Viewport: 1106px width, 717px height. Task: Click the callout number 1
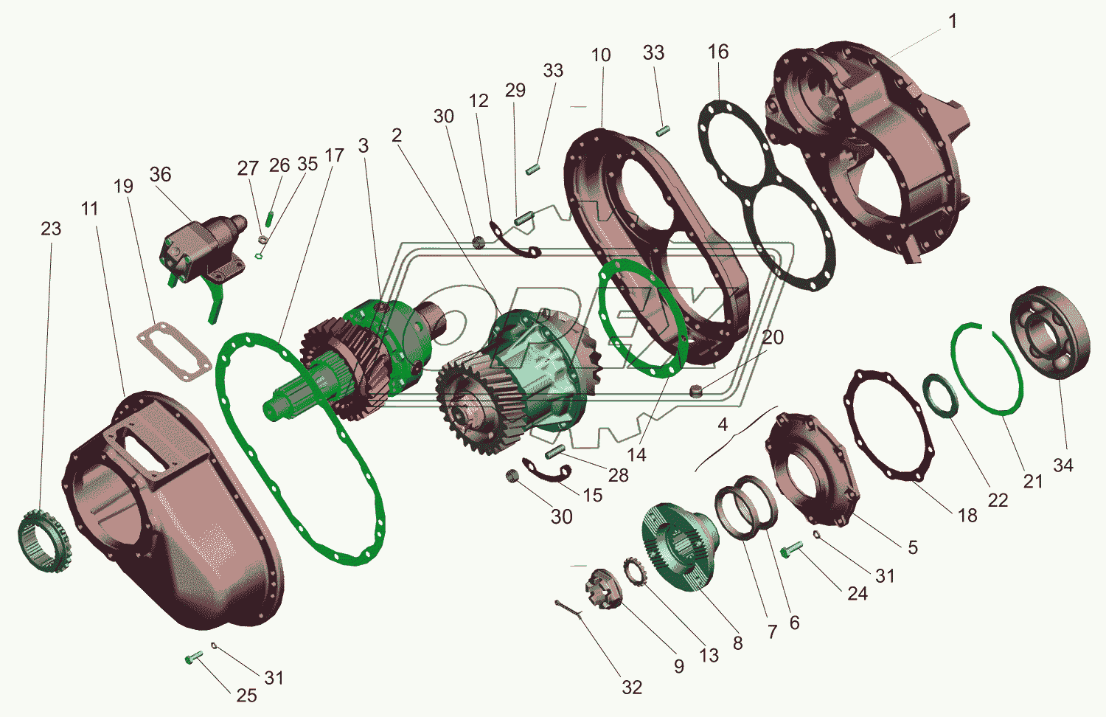953,21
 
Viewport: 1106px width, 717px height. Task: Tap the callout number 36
160,174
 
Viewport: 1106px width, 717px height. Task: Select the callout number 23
51,229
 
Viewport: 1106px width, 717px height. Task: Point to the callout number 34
1063,465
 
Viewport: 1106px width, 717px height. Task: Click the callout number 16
718,52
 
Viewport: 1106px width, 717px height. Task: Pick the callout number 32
632,687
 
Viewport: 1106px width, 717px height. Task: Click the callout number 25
246,696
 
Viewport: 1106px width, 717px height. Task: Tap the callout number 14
636,455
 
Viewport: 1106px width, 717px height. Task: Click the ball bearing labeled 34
1050,333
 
